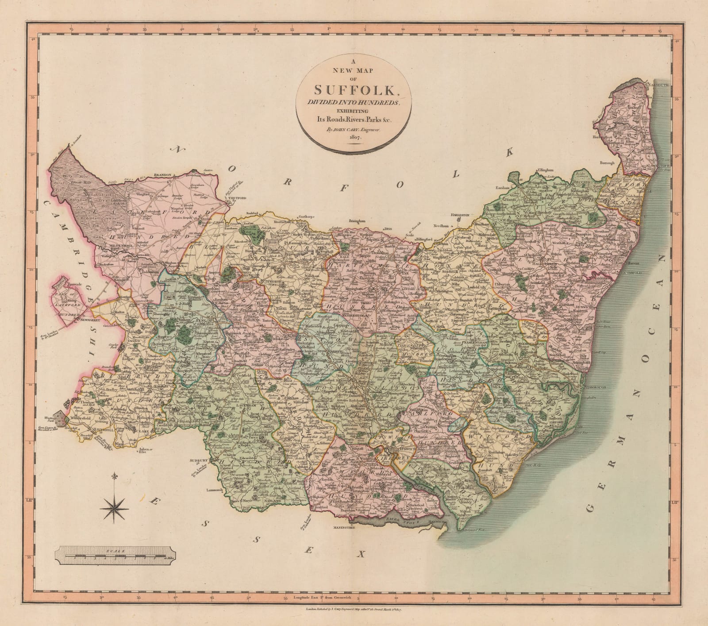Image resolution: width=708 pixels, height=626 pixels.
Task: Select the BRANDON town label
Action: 162,176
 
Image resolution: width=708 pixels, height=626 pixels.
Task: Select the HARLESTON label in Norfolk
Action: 459,214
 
